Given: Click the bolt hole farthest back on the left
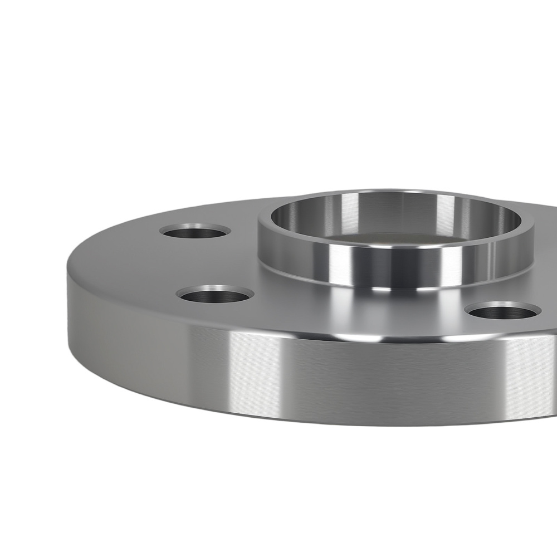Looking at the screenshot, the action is point(195,230).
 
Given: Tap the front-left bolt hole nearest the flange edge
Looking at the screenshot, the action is point(215,295).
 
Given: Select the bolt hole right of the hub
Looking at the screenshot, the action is point(504,311).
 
